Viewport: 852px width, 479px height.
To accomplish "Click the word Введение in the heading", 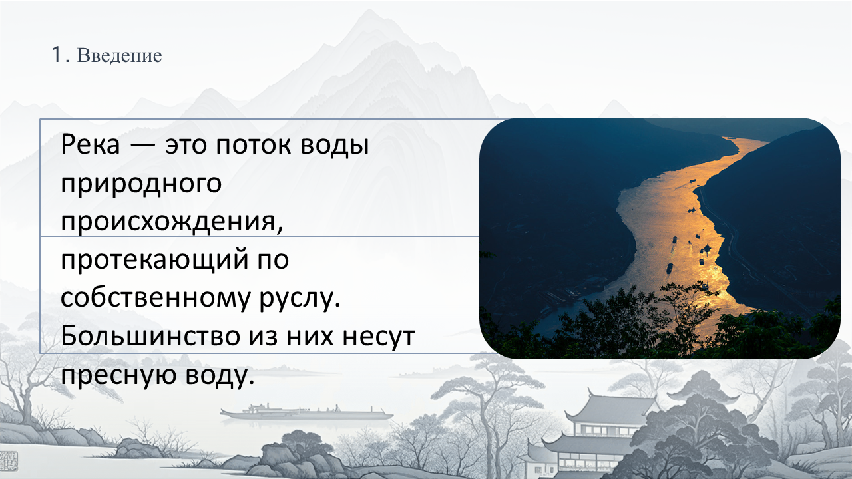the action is coord(119,55).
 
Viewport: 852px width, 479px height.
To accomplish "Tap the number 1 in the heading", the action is coord(57,55).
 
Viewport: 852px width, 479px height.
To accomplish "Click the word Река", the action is coord(90,145).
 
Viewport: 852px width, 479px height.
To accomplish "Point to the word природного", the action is coord(141,185).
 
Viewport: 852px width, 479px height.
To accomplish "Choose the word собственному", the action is coord(156,299).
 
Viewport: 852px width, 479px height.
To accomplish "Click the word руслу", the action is coord(300,299).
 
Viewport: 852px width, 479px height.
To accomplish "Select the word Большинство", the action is coord(150,337).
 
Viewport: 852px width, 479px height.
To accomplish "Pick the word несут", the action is coord(379,337).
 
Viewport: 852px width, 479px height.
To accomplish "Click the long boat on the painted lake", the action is coord(306,413).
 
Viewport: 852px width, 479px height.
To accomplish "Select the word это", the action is coord(186,146).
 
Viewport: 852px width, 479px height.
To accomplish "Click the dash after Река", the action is coord(142,146).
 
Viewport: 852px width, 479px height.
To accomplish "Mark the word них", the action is coord(310,337).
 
